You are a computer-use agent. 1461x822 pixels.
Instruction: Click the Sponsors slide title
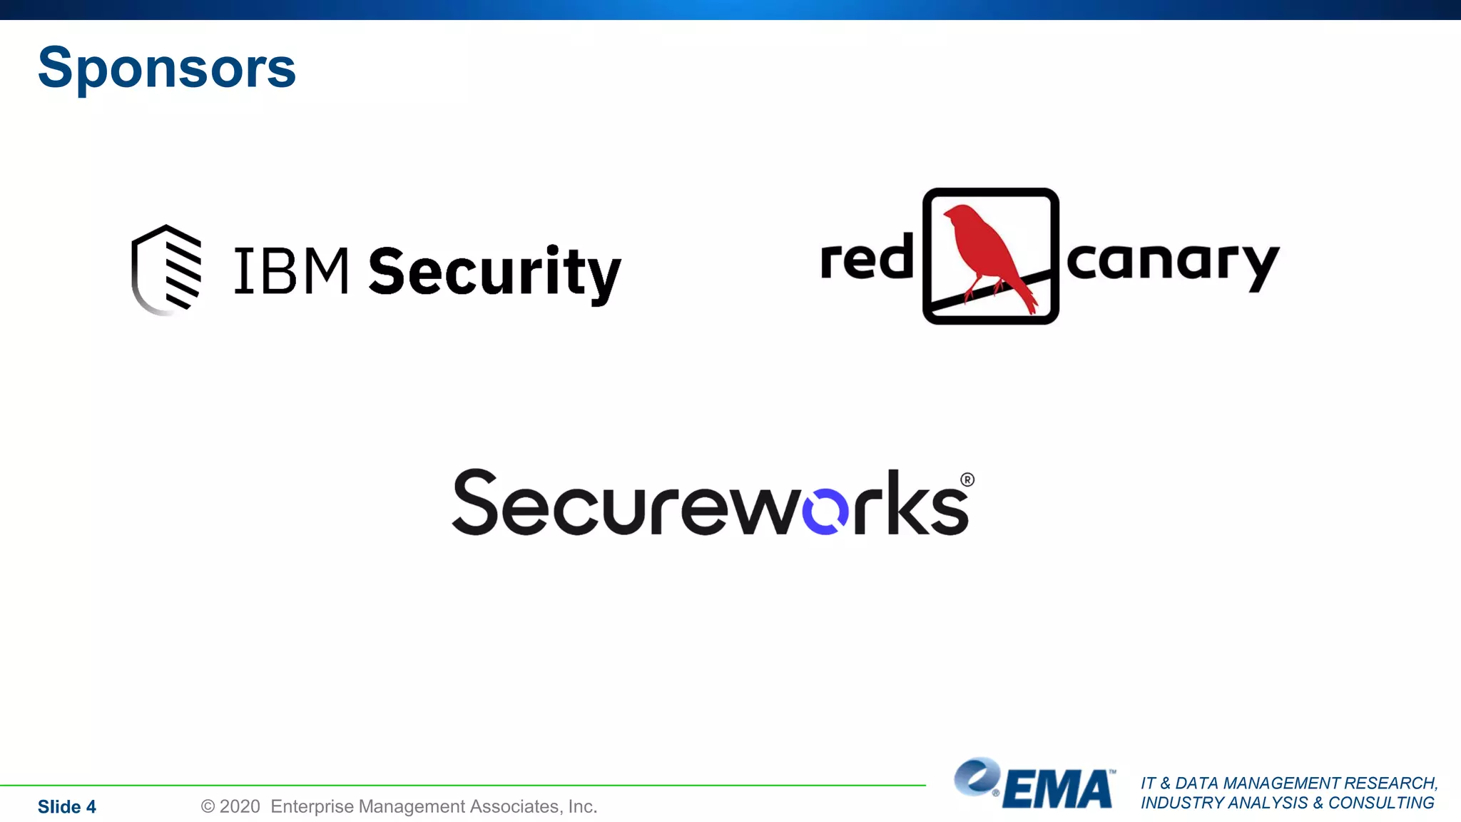(166, 68)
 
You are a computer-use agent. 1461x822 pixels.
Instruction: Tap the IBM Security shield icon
(167, 270)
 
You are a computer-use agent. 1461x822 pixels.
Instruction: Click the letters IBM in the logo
(291, 271)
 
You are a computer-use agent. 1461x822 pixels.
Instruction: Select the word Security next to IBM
(494, 273)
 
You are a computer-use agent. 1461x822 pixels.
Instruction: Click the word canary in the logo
(1172, 263)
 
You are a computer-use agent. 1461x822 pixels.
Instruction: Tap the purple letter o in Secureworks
(825, 511)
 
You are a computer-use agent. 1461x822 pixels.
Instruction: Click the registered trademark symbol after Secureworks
(967, 479)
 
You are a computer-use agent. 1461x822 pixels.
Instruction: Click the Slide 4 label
(66, 807)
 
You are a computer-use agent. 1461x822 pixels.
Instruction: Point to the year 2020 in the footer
(239, 806)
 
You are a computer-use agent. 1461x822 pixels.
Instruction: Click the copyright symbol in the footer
(208, 806)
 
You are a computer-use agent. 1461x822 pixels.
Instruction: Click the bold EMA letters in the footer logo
(1057, 789)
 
